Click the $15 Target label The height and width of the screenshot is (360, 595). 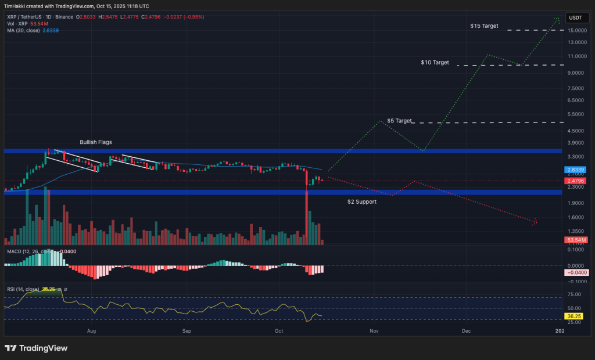point(484,26)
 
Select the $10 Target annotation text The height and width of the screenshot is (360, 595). point(435,62)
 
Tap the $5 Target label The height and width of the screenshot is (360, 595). point(399,121)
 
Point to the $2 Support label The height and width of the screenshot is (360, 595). point(361,201)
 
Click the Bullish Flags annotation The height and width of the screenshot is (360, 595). point(96,142)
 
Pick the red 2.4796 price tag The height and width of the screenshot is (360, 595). point(575,181)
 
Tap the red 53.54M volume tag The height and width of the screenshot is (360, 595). point(575,239)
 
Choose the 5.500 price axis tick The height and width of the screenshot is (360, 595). point(575,114)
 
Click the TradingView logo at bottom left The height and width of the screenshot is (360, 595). point(36,348)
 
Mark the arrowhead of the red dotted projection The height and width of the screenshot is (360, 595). point(535,222)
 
